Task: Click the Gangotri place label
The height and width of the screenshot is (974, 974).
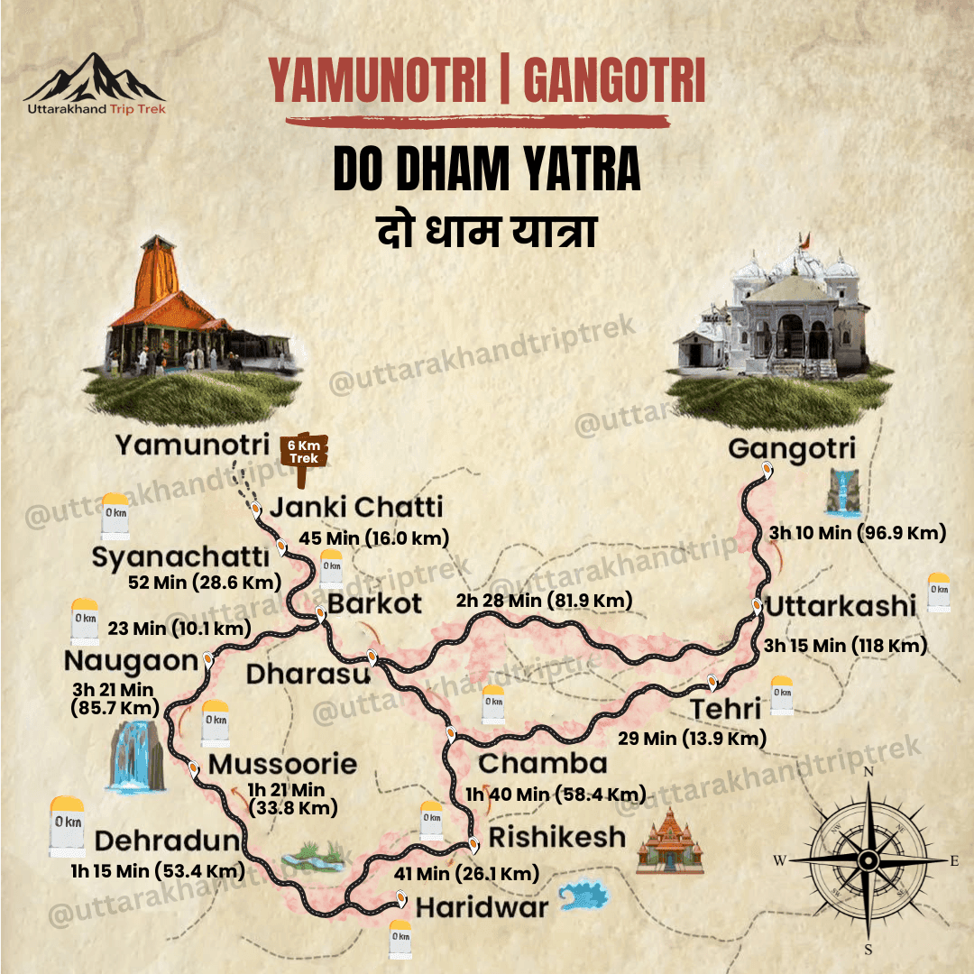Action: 792,448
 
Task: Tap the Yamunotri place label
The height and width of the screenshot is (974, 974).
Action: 193,445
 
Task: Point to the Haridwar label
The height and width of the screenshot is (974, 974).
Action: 482,905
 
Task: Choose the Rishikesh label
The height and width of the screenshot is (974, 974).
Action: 556,837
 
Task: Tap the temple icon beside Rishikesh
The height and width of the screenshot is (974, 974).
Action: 669,841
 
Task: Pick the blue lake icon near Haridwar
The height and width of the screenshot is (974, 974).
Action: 583,896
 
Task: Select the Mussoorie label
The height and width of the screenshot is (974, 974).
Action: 282,765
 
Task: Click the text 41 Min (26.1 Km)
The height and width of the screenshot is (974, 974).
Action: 466,873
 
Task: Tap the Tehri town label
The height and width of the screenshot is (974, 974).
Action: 726,709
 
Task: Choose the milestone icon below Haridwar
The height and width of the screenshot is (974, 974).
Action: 400,938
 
